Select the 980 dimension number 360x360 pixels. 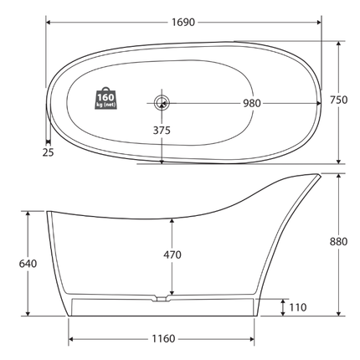(251, 103)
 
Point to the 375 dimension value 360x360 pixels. (162, 131)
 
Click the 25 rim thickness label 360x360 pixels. (47, 152)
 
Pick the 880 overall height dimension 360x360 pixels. (338, 242)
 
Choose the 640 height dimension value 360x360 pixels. (28, 263)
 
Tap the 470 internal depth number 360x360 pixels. (172, 255)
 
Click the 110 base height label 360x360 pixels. (297, 307)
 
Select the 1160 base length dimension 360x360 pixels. (164, 339)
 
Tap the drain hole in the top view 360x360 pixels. (162, 103)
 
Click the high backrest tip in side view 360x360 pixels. (317, 176)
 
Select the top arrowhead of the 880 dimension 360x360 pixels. (337, 177)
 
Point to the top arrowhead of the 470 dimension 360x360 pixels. (172, 219)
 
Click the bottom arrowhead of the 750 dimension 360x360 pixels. (338, 161)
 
